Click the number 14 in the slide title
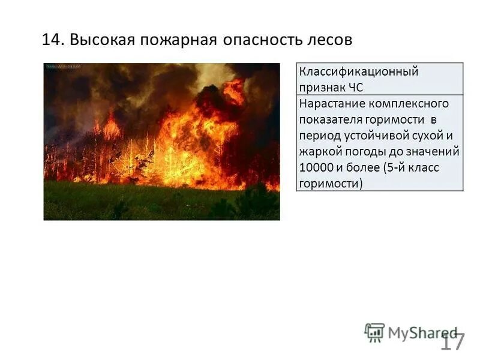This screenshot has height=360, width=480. pos(52,40)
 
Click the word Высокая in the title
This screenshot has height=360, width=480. pos(101,40)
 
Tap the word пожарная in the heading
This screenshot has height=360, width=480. pos(179,40)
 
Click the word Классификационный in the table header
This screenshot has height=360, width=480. pos(358,72)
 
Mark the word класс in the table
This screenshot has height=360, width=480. pos(425,167)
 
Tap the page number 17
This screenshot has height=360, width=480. pos(452,343)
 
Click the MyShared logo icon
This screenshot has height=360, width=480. pos(374,332)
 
